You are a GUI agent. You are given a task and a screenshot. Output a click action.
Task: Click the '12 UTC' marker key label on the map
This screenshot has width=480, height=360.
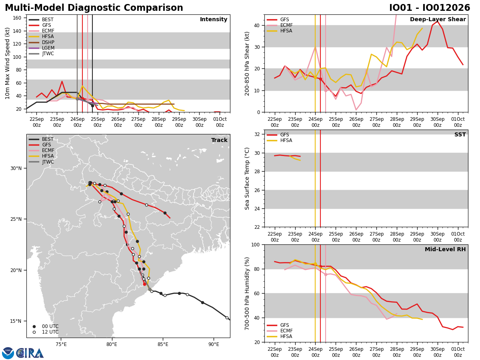(50, 332)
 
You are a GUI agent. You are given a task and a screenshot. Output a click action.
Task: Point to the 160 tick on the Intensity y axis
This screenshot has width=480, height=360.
(17, 18)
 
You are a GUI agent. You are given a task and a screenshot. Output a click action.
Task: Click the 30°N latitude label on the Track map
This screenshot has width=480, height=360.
(16, 168)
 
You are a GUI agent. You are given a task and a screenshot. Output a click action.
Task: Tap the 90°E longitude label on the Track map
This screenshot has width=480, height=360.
(214, 344)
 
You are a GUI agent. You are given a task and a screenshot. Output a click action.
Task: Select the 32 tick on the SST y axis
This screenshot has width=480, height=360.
(257, 134)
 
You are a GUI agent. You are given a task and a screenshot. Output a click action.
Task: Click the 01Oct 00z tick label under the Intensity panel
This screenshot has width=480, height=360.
(220, 122)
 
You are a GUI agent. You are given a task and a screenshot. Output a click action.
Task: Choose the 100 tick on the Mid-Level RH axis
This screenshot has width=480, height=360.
(256, 244)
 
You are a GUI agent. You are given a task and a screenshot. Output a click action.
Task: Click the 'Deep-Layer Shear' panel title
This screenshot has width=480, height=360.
(438, 20)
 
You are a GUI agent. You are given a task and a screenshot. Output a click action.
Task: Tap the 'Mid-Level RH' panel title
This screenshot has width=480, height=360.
(445, 249)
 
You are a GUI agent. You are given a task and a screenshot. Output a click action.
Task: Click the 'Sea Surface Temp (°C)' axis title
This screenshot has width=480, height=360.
(247, 178)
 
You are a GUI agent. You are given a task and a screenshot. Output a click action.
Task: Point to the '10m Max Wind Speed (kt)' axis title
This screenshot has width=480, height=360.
(7, 63)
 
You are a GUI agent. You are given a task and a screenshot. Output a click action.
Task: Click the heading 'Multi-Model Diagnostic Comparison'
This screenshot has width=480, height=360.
(94, 8)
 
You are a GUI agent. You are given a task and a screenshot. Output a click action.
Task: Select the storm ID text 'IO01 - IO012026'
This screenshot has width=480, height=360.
(430, 8)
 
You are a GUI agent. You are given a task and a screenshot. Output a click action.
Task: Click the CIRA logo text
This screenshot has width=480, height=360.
(30, 353)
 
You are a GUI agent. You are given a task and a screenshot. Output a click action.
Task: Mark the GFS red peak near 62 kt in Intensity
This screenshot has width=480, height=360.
(62, 82)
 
